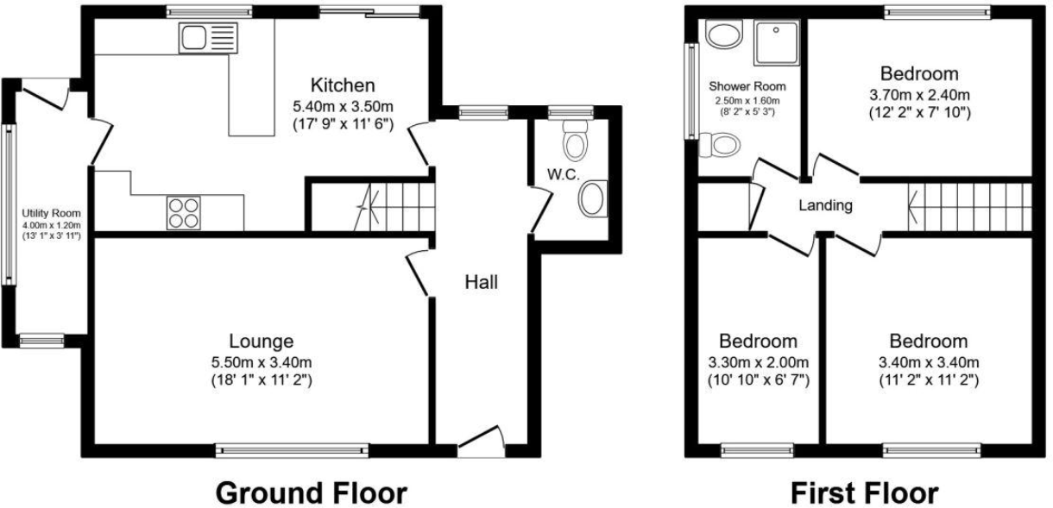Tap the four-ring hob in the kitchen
tap(183, 212)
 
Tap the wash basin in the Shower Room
tap(722, 35)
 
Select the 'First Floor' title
tap(864, 493)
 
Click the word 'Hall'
tap(481, 281)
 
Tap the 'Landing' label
tap(825, 206)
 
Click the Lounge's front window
tap(293, 448)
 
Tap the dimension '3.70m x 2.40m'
tap(918, 93)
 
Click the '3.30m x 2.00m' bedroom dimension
tap(758, 361)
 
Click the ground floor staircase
tap(394, 208)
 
